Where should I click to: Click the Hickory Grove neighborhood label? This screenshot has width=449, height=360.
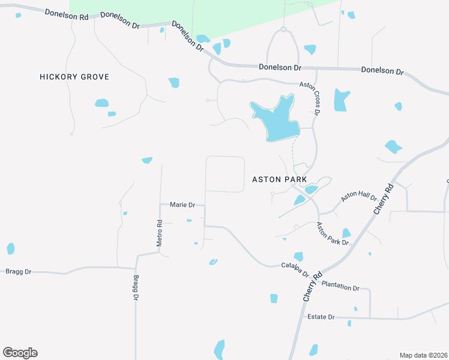coord(74,77)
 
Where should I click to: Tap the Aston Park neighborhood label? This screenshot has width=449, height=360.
coord(279,179)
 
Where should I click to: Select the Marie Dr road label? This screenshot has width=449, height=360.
coord(183,205)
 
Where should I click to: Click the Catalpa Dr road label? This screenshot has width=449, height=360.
coord(295,269)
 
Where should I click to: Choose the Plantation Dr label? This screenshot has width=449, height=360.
coord(340,286)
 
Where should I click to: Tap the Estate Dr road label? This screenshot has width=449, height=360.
coord(321,317)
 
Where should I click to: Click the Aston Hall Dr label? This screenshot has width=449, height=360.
coord(358,197)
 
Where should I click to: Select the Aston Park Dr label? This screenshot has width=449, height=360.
coord(333,233)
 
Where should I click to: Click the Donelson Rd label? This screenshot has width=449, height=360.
coord(67,14)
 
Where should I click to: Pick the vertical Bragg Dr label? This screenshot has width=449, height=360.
coord(136,289)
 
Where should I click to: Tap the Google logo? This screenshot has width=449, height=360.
coord(20,353)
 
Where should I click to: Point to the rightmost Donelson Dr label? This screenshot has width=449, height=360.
coord(382,70)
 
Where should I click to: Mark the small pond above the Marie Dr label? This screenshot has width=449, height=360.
coord(147,160)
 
